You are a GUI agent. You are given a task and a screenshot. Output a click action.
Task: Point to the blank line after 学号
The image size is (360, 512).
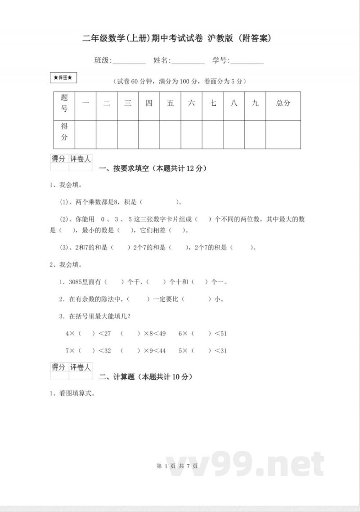click(247, 61)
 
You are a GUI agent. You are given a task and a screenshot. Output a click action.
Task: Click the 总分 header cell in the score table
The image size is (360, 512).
click(283, 103)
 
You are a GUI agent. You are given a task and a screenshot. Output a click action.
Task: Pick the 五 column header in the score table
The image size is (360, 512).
click(171, 103)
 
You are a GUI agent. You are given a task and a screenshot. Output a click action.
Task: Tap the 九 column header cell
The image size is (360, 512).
click(255, 103)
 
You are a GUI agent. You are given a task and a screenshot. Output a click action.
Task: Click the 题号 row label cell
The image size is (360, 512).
click(64, 103)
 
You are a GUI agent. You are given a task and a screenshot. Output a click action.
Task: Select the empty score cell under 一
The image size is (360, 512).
click(85, 134)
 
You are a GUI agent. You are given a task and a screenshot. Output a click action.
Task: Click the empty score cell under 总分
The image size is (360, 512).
click(283, 134)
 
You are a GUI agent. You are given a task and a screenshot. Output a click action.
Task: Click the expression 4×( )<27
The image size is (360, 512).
click(88, 334)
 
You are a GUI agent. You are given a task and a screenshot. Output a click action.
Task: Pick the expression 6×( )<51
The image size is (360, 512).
click(202, 334)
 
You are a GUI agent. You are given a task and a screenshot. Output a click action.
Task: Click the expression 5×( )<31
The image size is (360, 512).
click(202, 351)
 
